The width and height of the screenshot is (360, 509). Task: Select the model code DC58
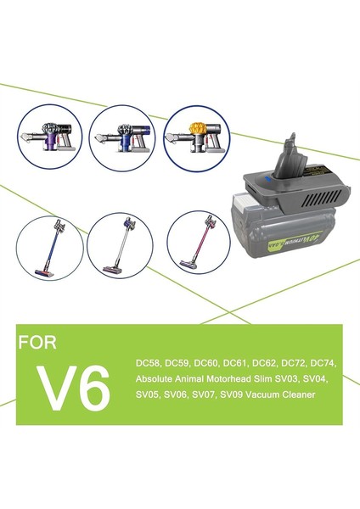point(148,363)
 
